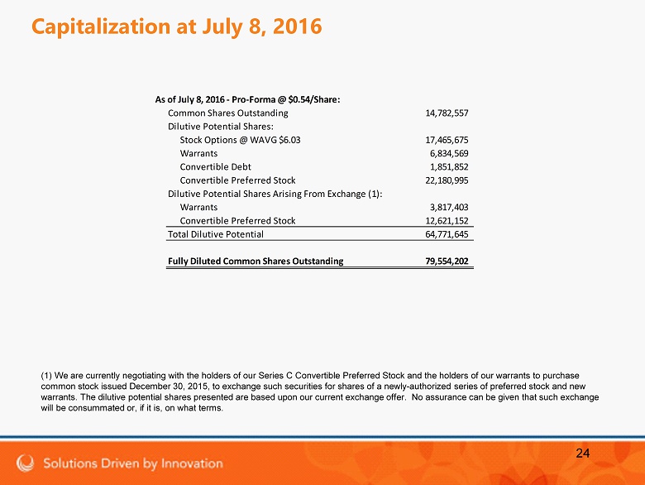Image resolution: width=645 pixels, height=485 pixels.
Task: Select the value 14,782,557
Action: (447, 113)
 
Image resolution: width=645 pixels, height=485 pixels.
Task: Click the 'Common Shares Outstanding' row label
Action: (228, 113)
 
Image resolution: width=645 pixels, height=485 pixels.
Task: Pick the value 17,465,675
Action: (447, 140)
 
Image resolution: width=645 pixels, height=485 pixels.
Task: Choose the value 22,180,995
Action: (447, 180)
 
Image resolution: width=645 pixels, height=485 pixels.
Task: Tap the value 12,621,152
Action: (447, 220)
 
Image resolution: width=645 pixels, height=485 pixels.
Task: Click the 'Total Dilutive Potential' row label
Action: (216, 234)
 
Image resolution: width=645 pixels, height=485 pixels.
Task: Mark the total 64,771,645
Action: (447, 234)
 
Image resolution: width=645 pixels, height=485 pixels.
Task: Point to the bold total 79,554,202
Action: (447, 261)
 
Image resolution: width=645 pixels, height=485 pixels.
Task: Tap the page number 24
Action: (582, 453)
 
